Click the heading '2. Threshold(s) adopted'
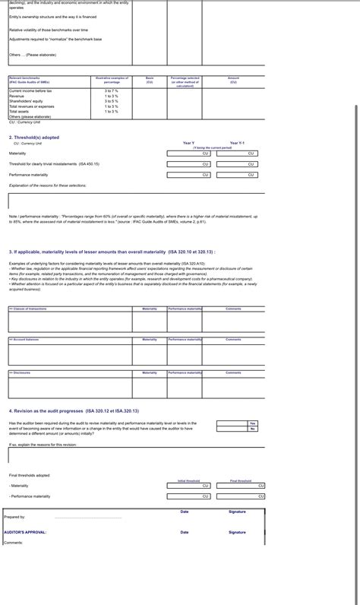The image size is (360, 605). (x=33, y=138)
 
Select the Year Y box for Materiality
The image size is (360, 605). (x=188, y=153)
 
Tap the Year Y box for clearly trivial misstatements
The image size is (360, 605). (x=188, y=163)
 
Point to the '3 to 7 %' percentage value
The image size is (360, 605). (x=112, y=90)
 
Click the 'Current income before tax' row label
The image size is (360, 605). (x=31, y=90)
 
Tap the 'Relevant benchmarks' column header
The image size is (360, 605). (x=25, y=78)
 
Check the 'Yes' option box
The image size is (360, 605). (x=253, y=423)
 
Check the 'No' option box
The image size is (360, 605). (x=253, y=429)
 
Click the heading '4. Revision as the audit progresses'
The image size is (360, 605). (x=74, y=410)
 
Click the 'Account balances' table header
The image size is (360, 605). (x=25, y=340)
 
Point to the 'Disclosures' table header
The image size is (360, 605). (x=21, y=372)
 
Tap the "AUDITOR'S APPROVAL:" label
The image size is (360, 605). (x=25, y=532)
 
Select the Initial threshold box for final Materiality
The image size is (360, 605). (x=188, y=485)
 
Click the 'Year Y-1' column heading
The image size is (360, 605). (x=237, y=143)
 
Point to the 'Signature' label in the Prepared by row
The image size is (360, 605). (x=237, y=512)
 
